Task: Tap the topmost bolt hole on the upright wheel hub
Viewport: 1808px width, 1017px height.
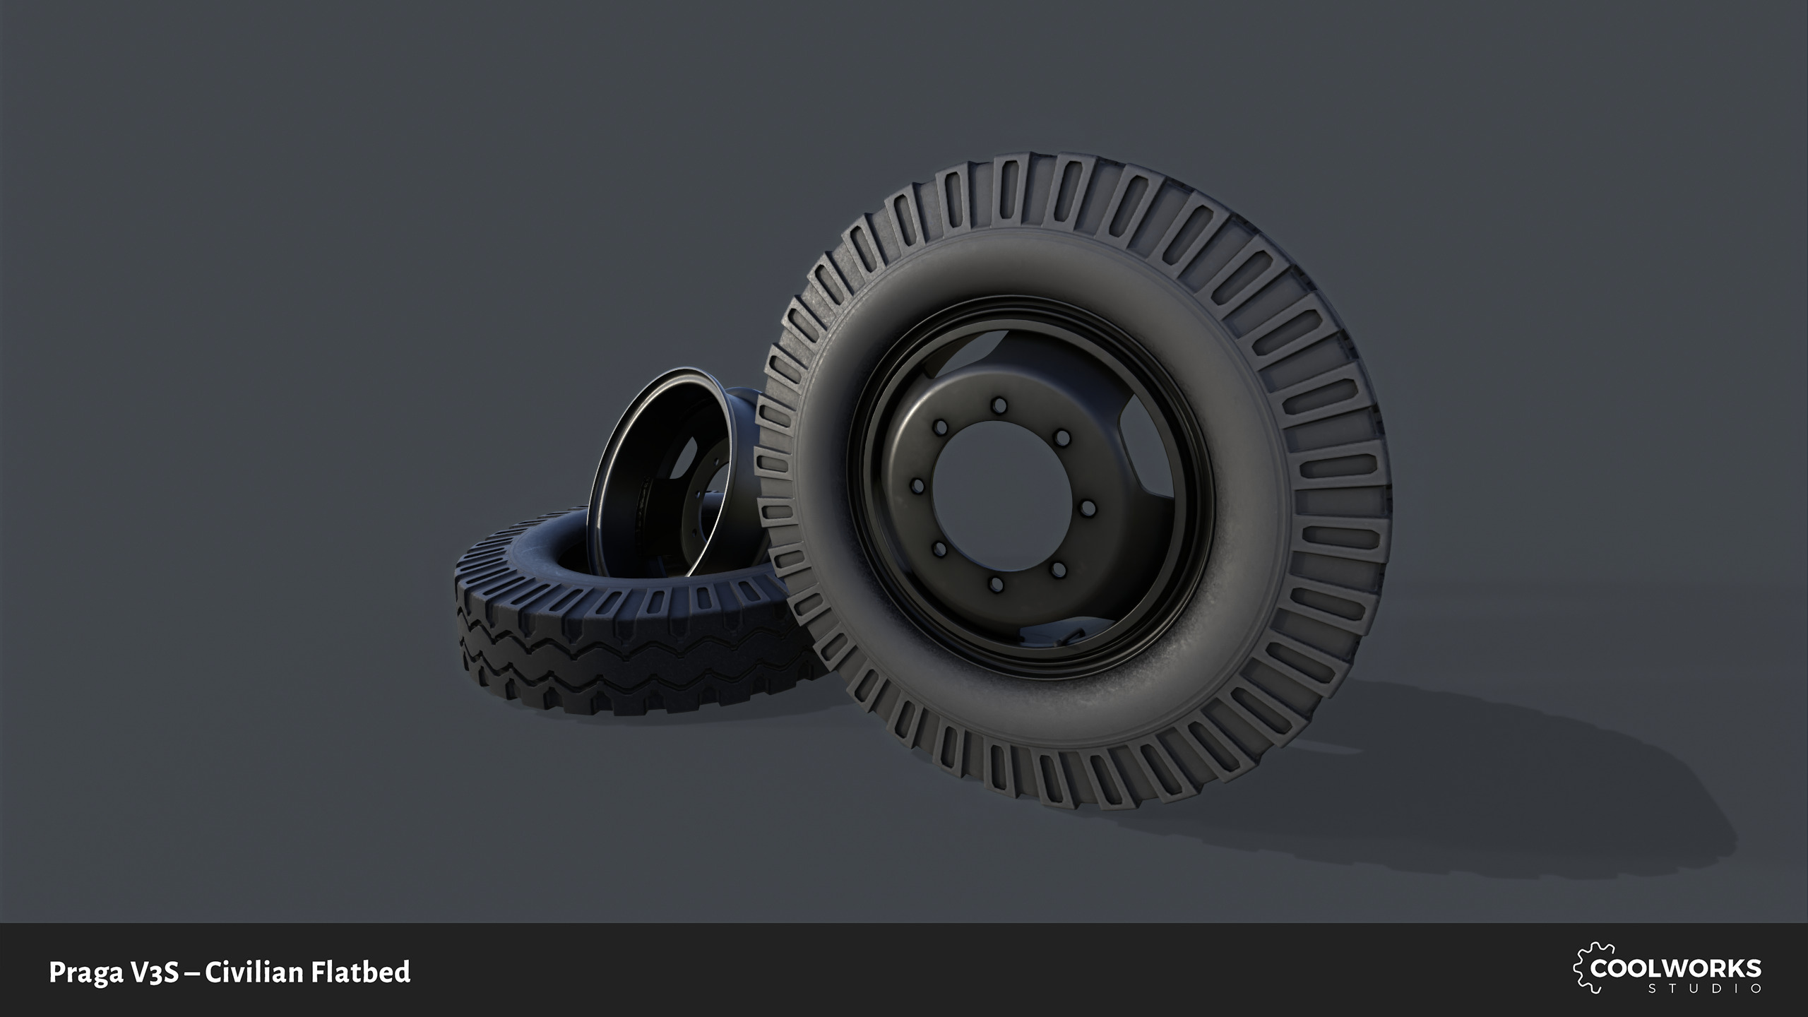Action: point(999,405)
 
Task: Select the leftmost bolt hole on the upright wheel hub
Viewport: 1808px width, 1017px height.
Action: point(918,486)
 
